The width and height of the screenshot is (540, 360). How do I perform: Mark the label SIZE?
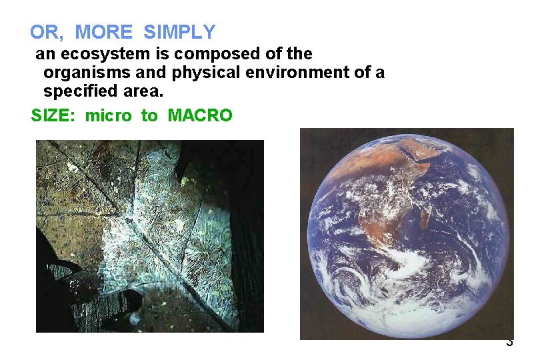click(55, 116)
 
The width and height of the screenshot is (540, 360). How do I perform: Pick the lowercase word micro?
click(109, 116)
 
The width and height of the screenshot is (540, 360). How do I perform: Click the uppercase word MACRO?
click(200, 116)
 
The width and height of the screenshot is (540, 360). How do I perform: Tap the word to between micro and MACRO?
click(149, 116)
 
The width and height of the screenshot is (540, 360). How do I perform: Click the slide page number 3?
click(509, 343)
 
